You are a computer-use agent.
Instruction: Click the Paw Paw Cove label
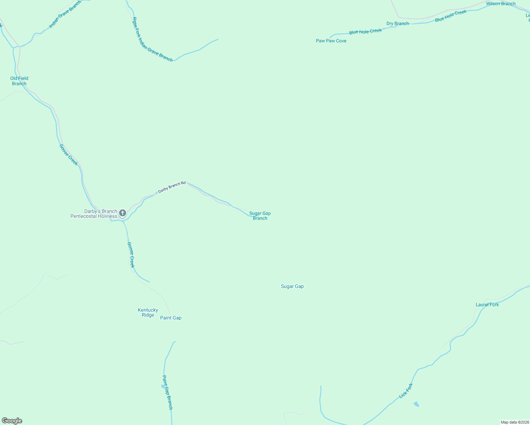click(331, 41)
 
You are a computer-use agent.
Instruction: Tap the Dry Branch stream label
click(397, 24)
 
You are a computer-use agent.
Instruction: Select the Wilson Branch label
click(501, 4)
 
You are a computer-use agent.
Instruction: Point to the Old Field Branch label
click(19, 81)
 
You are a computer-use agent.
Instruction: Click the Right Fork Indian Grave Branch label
click(152, 40)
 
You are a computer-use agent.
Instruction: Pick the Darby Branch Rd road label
click(172, 187)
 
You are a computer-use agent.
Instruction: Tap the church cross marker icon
click(123, 213)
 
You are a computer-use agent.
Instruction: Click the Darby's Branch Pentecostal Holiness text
click(94, 214)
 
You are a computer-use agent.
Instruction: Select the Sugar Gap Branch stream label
click(260, 216)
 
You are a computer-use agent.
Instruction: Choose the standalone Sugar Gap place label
click(292, 287)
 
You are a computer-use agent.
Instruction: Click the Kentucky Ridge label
click(148, 313)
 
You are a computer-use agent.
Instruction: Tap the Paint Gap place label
click(171, 318)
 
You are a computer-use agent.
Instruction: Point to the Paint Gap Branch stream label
click(167, 392)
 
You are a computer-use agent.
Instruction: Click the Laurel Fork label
click(487, 305)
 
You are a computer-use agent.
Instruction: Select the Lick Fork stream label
click(406, 391)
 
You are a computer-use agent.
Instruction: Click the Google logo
click(12, 421)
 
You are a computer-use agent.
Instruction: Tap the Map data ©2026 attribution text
click(515, 422)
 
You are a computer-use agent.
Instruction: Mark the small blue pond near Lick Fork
click(416, 404)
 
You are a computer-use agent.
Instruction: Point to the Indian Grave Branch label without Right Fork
click(65, 15)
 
